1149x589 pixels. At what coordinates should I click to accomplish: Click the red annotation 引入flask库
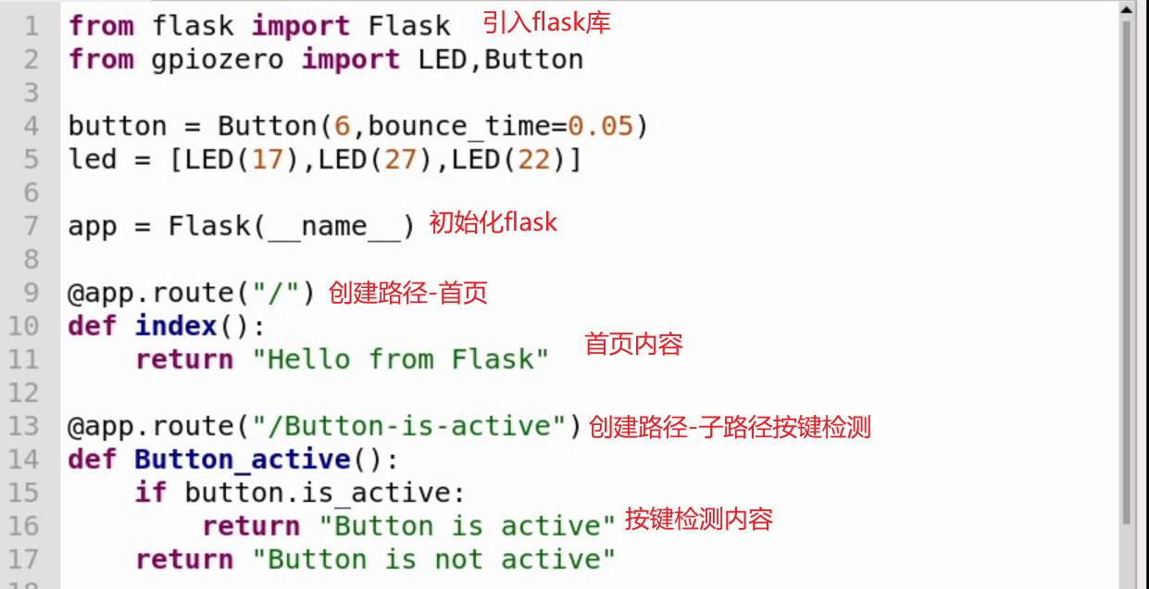click(x=546, y=22)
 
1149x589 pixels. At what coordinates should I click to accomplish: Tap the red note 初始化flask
click(x=493, y=222)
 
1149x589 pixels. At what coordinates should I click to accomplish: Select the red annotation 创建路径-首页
click(x=407, y=293)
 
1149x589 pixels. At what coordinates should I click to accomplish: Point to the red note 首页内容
click(x=633, y=345)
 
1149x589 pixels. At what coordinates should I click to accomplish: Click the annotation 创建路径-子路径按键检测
click(x=730, y=427)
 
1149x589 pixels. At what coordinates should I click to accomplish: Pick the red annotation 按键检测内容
click(x=698, y=519)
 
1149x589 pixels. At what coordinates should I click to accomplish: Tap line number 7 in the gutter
click(x=31, y=226)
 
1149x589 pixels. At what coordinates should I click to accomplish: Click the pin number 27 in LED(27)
click(x=401, y=159)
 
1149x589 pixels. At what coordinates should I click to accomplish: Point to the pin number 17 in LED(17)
click(x=268, y=159)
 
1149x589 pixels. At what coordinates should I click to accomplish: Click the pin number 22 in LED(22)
click(x=534, y=159)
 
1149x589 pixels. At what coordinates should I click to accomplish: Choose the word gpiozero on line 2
click(x=219, y=59)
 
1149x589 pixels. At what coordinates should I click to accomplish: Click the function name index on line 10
click(x=176, y=326)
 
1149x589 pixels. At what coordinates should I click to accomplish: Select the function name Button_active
click(x=243, y=459)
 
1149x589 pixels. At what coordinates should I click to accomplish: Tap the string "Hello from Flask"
click(x=401, y=359)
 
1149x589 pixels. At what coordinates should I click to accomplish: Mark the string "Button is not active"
click(x=434, y=559)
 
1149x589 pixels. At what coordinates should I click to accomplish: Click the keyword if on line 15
click(x=151, y=493)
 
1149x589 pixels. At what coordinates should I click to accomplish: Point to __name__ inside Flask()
click(x=334, y=227)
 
